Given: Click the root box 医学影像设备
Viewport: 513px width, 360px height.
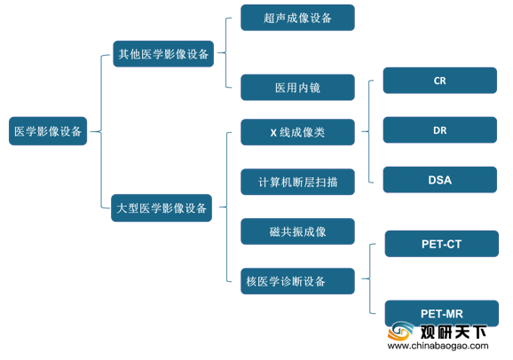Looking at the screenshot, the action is click(x=48, y=131).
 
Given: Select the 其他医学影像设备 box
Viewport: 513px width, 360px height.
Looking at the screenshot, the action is click(x=163, y=54).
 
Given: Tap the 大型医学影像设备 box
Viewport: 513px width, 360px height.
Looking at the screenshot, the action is click(x=162, y=208).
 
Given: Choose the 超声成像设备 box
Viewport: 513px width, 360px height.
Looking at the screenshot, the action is click(x=297, y=18).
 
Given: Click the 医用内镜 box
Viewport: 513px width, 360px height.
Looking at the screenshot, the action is click(x=297, y=87).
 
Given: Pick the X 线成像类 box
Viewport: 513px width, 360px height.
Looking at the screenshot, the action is click(x=297, y=132).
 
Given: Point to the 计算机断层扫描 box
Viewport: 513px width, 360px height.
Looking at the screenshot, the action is click(x=297, y=182).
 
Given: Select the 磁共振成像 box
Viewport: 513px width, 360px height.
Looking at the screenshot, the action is click(x=297, y=231).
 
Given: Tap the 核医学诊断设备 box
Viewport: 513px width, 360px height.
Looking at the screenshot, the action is click(x=297, y=281).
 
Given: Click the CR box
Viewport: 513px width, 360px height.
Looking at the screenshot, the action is click(x=439, y=81).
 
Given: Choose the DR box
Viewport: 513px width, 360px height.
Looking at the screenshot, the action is click(x=439, y=130).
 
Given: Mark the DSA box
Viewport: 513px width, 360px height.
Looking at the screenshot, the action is click(x=439, y=180).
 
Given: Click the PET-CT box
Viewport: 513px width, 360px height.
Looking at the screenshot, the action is click(x=442, y=244).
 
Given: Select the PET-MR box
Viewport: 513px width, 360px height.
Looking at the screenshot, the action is click(x=442, y=313).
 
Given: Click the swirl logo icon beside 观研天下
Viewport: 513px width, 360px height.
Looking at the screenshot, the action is click(x=401, y=331).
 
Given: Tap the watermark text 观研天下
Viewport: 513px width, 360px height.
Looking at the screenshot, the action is click(x=453, y=333).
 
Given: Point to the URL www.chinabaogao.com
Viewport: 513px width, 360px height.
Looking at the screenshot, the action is click(x=438, y=346).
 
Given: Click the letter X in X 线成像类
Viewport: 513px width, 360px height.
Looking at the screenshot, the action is click(x=273, y=133).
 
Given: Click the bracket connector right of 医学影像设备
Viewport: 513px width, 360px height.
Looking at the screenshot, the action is click(x=101, y=131).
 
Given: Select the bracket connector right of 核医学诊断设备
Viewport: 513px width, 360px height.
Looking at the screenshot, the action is click(x=370, y=278).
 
